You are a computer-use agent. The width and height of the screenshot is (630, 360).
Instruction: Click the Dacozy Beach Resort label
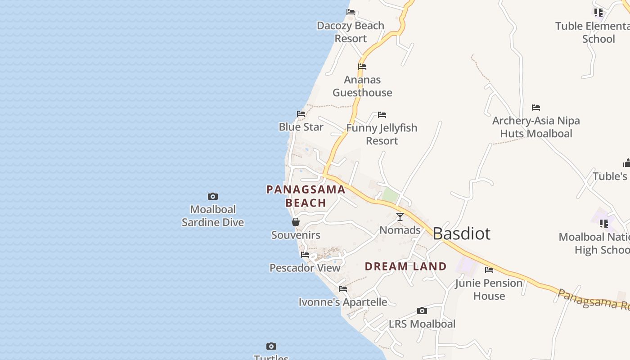click(350, 32)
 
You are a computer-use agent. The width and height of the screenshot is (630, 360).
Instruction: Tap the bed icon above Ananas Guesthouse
click(362, 67)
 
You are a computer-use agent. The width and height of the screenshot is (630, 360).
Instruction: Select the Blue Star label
click(301, 127)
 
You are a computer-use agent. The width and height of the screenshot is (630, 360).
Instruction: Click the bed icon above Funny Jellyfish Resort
click(382, 115)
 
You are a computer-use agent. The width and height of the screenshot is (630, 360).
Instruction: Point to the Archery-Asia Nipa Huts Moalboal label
click(536, 127)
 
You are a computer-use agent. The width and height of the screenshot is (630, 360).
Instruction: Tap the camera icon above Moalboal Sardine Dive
click(213, 196)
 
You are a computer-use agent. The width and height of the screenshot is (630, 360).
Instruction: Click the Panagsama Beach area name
click(306, 196)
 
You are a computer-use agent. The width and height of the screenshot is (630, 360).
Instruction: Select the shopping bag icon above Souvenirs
click(296, 222)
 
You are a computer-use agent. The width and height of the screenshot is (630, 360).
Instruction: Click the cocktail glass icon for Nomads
click(400, 217)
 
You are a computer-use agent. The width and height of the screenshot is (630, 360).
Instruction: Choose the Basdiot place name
click(461, 234)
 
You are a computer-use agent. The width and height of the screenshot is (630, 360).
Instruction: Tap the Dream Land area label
click(405, 266)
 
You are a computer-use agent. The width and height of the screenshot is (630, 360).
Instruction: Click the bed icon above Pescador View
click(305, 255)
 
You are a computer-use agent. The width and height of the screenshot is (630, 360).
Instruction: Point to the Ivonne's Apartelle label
click(343, 302)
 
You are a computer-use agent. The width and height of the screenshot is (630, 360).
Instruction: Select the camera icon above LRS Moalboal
click(422, 310)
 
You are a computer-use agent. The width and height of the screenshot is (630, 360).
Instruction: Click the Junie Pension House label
click(489, 289)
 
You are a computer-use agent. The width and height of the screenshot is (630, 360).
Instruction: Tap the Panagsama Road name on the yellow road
click(593, 300)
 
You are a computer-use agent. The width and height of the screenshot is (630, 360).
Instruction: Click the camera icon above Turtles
click(271, 346)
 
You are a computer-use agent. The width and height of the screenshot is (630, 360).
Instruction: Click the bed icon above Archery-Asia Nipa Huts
click(535, 108)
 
